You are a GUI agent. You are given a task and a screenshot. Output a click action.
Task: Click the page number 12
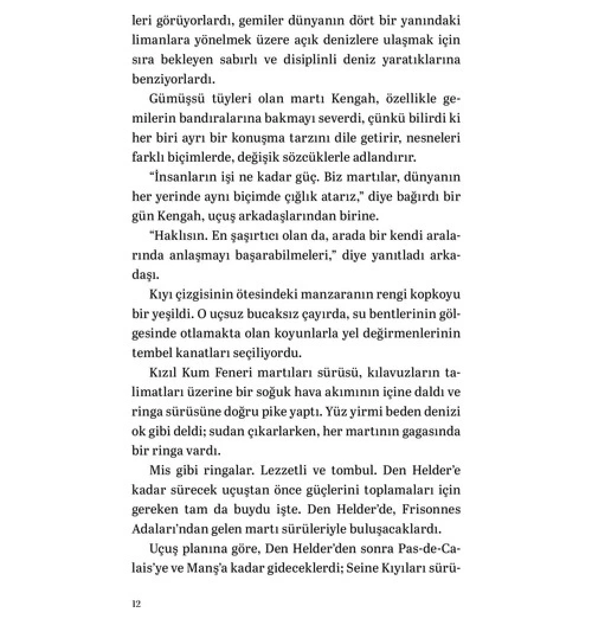[136, 605]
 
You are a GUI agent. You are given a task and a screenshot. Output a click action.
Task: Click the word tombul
[354, 470]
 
